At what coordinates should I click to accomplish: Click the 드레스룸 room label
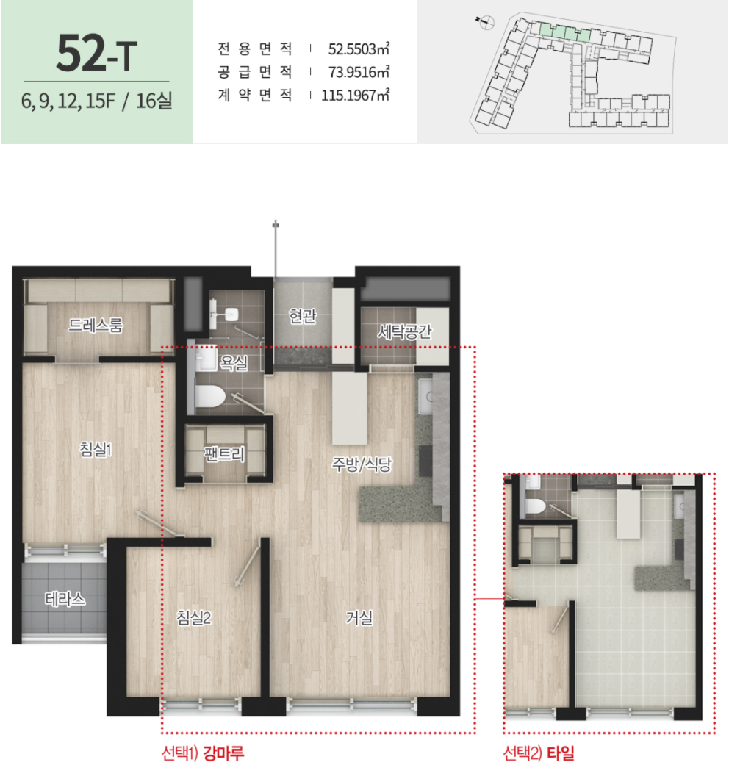(x=96, y=324)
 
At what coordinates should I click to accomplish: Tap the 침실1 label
(x=96, y=449)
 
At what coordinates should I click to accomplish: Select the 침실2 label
(x=194, y=618)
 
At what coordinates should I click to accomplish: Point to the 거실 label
(x=359, y=618)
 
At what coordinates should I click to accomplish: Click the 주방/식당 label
(x=362, y=464)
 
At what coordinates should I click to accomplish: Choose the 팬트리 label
(x=224, y=453)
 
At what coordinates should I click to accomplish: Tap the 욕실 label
(x=234, y=362)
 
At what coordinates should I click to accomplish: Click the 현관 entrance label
(x=303, y=316)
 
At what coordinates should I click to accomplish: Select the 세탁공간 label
(x=404, y=331)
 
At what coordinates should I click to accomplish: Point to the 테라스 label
(x=65, y=599)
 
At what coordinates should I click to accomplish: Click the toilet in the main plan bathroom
(x=210, y=396)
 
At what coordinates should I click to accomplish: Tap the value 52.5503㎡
(x=359, y=49)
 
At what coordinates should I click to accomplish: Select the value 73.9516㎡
(x=359, y=72)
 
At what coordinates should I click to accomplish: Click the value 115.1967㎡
(x=355, y=95)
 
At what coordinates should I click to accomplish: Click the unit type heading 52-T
(x=96, y=53)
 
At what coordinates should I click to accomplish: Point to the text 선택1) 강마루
(x=203, y=753)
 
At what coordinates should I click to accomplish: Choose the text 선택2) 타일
(x=539, y=753)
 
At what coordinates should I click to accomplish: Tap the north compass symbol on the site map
(x=486, y=22)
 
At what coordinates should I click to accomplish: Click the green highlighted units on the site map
(x=564, y=32)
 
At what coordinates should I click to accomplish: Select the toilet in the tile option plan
(x=535, y=506)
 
